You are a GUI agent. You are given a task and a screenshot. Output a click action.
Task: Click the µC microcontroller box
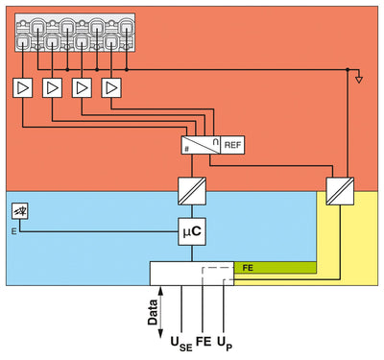[192, 230]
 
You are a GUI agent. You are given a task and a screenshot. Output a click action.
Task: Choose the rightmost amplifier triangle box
[113, 87]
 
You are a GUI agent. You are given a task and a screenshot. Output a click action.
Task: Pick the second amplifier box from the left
[52, 87]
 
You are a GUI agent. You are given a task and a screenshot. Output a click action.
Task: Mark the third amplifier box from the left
[83, 87]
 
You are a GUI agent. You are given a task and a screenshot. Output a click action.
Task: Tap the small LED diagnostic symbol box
[19, 211]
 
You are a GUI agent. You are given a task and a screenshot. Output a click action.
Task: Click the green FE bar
[278, 267]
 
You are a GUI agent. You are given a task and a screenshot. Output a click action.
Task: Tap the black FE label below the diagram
[203, 341]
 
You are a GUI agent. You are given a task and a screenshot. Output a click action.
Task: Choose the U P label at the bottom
[225, 343]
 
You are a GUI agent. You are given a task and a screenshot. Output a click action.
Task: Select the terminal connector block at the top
[74, 32]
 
